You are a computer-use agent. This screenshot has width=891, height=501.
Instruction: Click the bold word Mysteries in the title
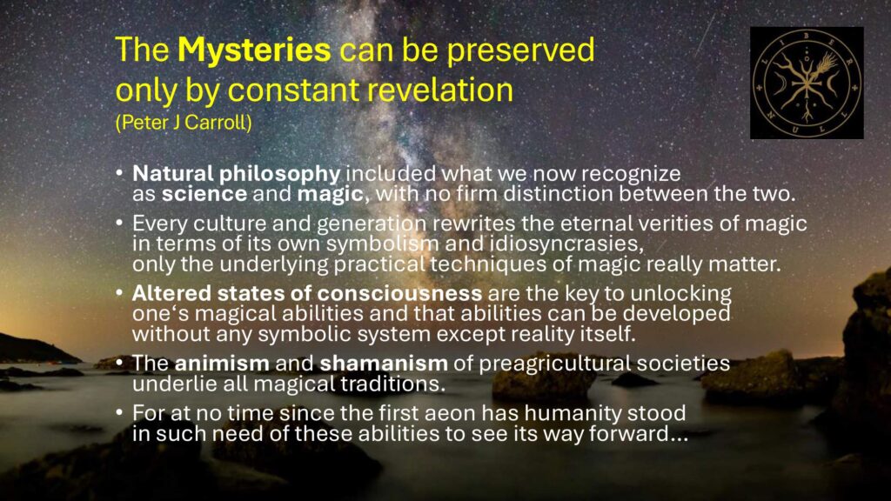(x=254, y=50)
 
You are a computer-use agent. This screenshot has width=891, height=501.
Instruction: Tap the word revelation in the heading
(x=439, y=90)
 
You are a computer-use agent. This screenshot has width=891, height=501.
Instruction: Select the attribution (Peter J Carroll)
(x=184, y=122)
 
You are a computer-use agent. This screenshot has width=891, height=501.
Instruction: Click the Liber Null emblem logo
(x=807, y=83)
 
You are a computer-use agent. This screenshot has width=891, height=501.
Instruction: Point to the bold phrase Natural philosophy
(x=237, y=174)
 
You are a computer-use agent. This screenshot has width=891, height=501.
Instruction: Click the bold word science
(x=204, y=194)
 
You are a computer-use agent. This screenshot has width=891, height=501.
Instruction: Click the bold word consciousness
(x=399, y=294)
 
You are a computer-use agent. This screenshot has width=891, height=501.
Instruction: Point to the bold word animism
(x=222, y=364)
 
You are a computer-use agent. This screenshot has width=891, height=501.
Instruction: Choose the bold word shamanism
(x=384, y=364)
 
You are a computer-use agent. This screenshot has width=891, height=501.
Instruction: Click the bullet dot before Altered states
(x=118, y=292)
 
